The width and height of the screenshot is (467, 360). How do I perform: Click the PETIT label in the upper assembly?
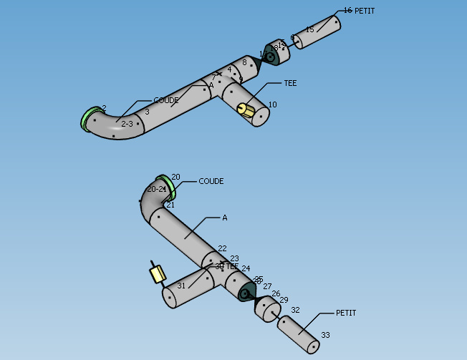pos(365,11)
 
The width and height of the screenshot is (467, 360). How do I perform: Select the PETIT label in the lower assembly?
pos(346,313)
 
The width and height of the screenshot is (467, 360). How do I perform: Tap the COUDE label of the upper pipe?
pos(166,100)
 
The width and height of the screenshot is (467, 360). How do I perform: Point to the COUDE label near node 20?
pos(211,181)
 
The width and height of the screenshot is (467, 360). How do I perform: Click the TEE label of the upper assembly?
pos(290,83)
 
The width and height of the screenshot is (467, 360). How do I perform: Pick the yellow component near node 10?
pos(245,110)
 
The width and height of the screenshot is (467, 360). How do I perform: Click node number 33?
pos(325,335)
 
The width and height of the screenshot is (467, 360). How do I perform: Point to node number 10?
pos(272,105)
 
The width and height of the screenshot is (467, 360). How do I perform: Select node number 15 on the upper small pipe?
pos(309,30)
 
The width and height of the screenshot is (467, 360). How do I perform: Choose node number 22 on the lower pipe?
pos(222,248)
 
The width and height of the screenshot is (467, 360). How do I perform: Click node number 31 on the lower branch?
pos(181,286)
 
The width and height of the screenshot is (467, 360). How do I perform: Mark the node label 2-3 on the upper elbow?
pos(127,124)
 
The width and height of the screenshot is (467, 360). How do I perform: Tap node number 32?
pos(295,310)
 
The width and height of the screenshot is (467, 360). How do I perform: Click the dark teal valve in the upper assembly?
pos(271,54)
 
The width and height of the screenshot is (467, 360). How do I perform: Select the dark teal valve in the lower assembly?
pos(248,292)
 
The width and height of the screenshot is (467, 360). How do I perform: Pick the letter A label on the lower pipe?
pos(224,218)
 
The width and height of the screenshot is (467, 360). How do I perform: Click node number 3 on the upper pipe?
pos(147,112)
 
